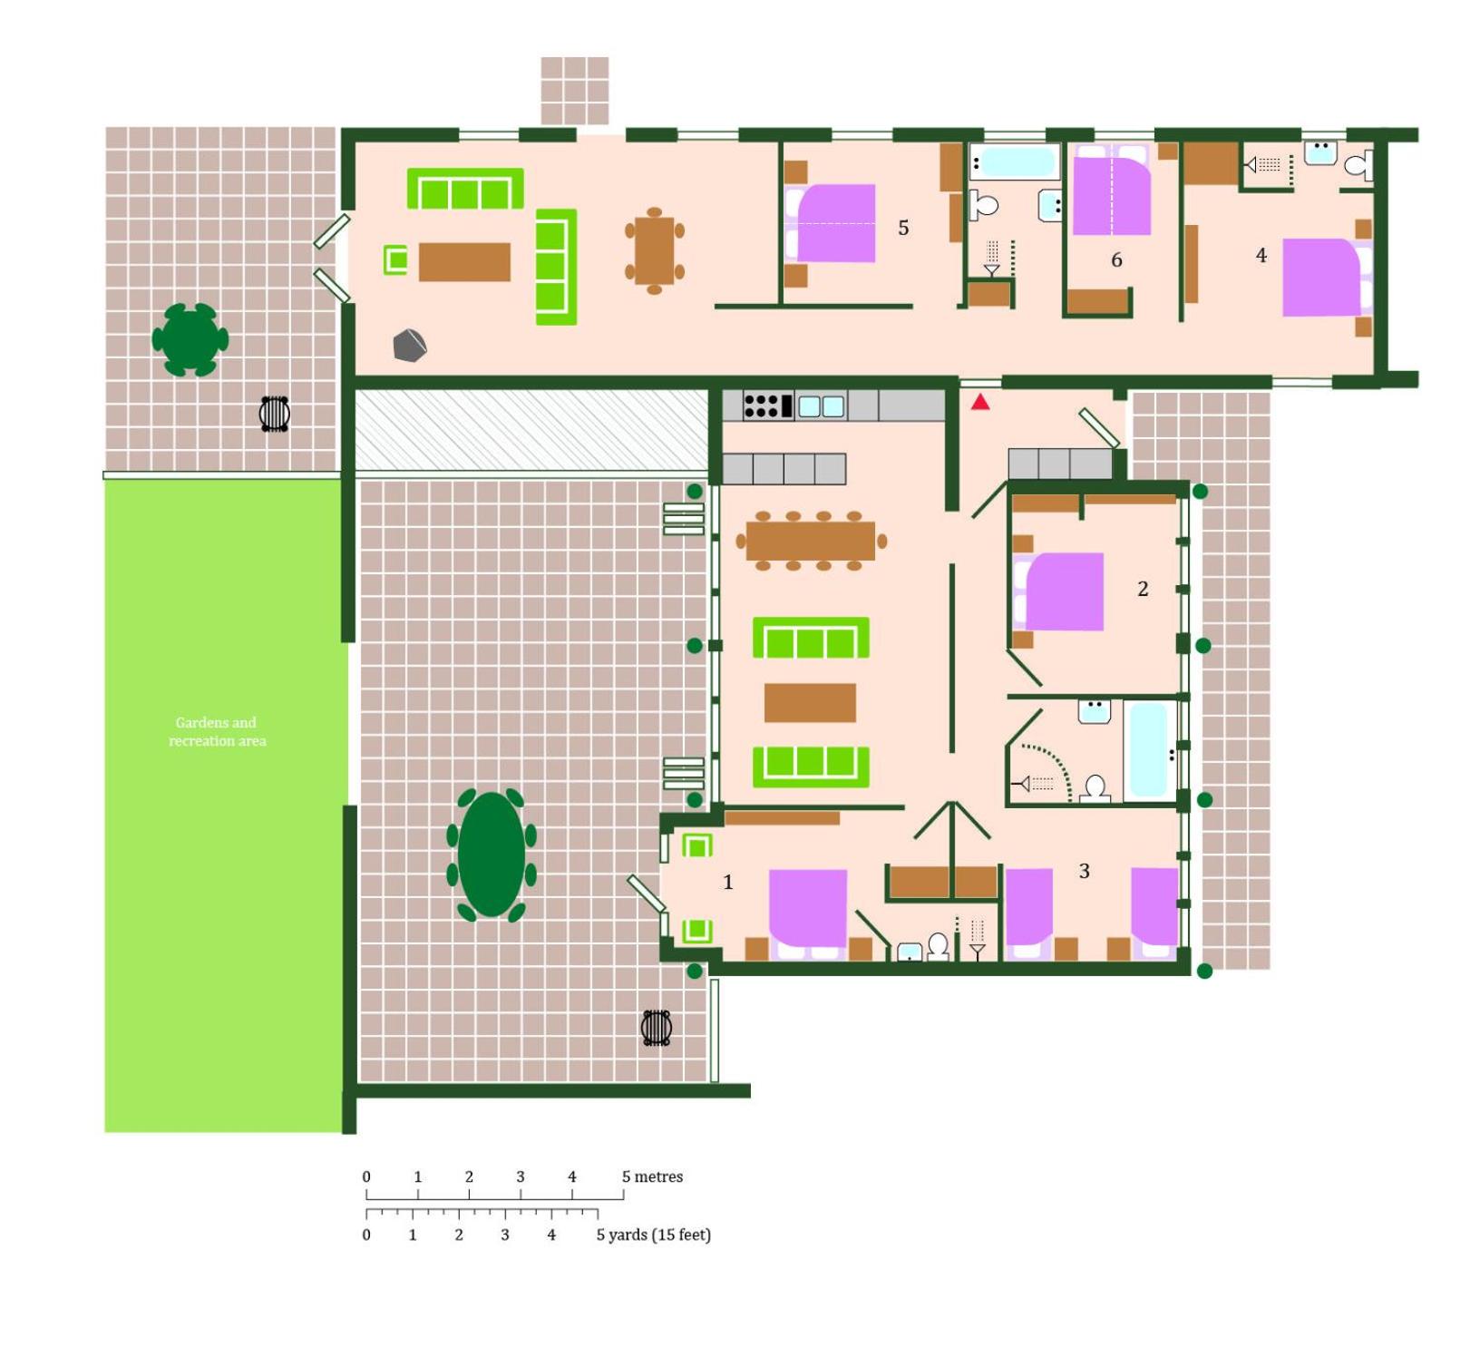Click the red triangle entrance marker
coord(980,401)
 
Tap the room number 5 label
coord(903,228)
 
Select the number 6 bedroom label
coord(1116,260)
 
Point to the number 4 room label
coord(1261,256)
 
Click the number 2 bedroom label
coord(1143,589)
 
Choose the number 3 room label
coord(1084,871)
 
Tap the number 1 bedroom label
coord(727,882)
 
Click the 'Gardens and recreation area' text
coord(217,731)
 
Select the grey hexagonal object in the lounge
coord(409,346)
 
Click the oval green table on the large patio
coord(492,855)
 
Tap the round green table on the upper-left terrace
coord(190,339)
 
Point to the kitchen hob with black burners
coord(767,405)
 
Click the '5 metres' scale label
coord(652,1177)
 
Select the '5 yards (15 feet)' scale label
coord(653,1235)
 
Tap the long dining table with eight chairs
coord(811,542)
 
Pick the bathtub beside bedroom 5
coord(1015,162)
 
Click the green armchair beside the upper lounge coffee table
coord(395,259)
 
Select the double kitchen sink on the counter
coord(821,405)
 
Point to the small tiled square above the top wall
coord(575,91)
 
